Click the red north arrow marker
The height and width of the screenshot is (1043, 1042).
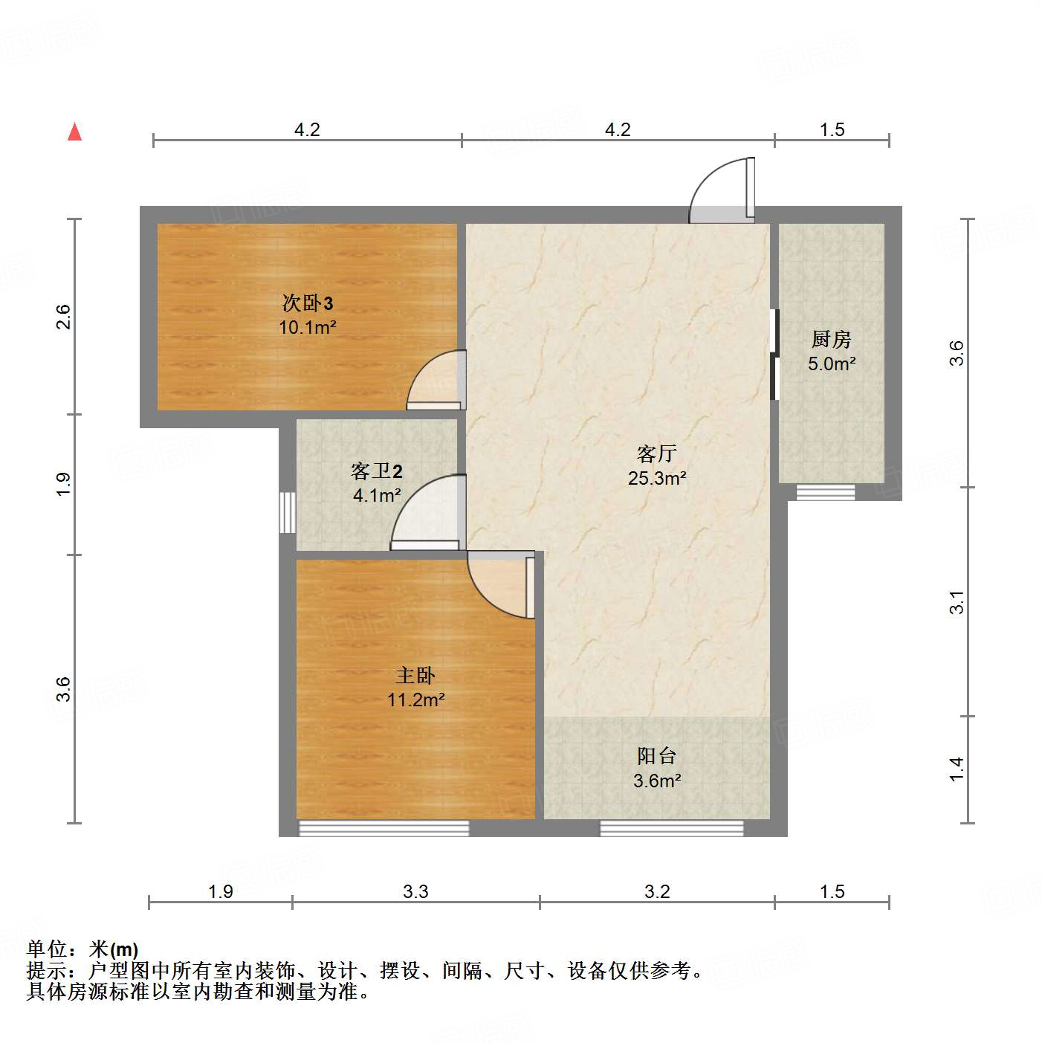[74, 132]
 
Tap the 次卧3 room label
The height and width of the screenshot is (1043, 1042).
[307, 303]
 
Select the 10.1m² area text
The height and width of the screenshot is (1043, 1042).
[308, 327]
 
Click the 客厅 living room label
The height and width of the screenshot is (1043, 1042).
[657, 453]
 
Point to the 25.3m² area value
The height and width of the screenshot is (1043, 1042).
[657, 478]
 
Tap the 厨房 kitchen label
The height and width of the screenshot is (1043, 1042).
[831, 340]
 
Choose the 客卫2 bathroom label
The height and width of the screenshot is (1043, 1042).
[377, 471]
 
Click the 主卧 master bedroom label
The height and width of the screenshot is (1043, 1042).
[415, 675]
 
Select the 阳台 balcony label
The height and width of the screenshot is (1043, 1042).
[657, 756]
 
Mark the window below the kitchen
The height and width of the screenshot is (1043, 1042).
[825, 492]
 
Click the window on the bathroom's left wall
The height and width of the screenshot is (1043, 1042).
[287, 512]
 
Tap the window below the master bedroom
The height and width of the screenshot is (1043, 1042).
[384, 827]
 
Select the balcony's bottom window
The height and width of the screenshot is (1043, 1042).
[672, 827]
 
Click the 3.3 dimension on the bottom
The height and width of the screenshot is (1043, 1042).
[415, 891]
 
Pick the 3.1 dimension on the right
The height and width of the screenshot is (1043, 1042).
[957, 602]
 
